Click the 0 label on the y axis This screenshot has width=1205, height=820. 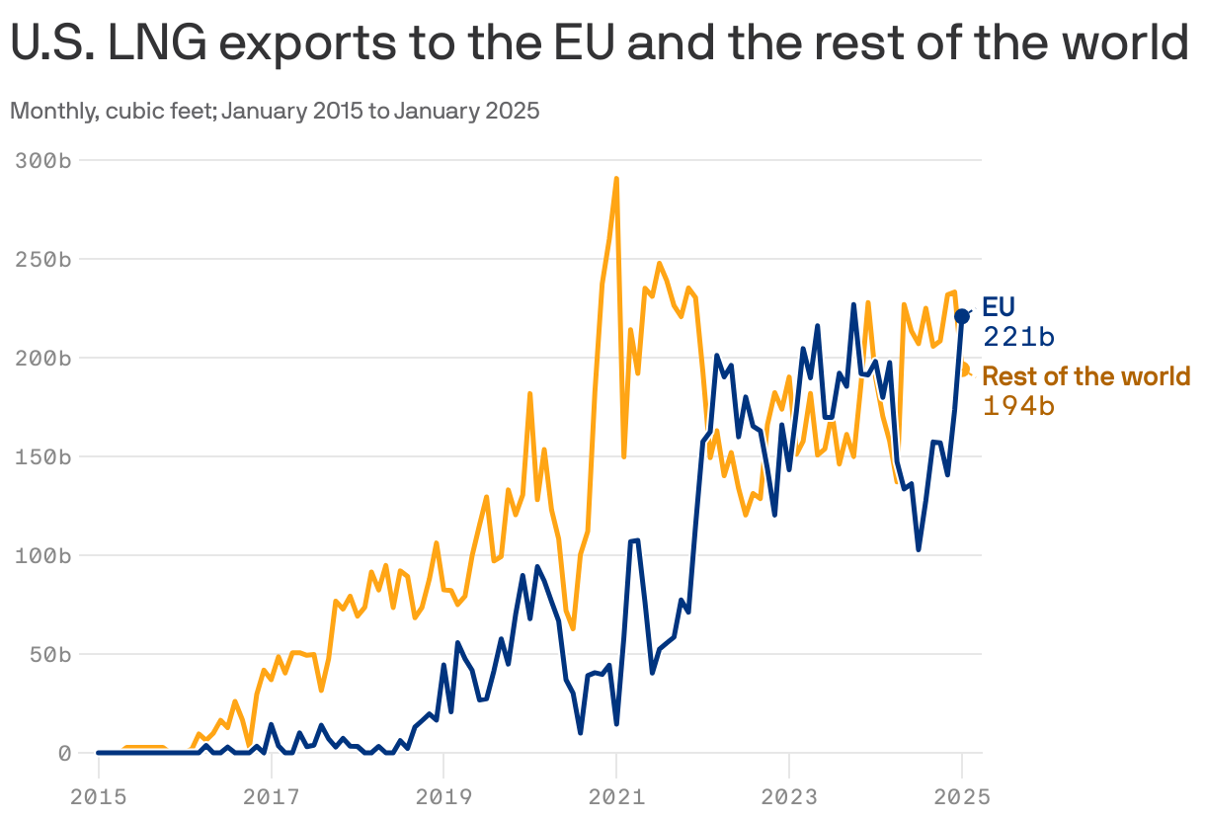click(64, 753)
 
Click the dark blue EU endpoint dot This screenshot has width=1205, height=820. click(962, 315)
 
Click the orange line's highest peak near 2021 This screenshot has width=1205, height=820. click(616, 179)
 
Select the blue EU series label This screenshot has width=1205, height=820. click(999, 306)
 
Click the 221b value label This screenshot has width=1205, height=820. click(1019, 337)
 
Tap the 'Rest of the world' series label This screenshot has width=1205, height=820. click(1086, 376)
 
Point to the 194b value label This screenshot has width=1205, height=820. click(1019, 405)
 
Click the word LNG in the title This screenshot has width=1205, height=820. click(163, 44)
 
